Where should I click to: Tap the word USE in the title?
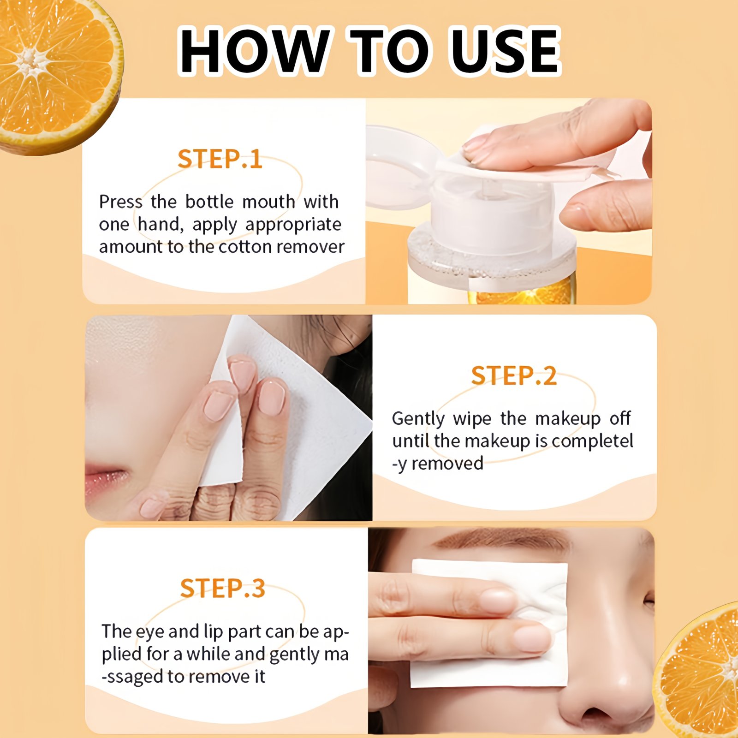[505, 51]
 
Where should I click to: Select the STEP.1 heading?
[220, 159]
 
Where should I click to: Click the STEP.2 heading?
[513, 375]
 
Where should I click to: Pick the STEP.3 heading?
[222, 589]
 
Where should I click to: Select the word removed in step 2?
[447, 463]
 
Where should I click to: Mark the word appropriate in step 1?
[293, 225]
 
